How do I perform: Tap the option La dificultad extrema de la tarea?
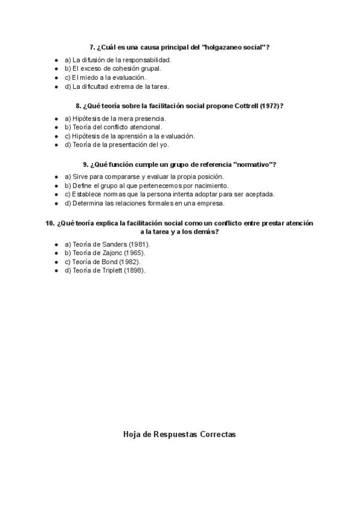116,86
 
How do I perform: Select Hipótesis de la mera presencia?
115,118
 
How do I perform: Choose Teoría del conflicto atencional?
113,127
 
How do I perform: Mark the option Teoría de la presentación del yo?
116,145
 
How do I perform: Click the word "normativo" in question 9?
254,164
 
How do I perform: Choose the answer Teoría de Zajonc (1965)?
106,253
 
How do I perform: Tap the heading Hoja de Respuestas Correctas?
179,434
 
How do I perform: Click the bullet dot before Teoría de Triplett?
56,271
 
